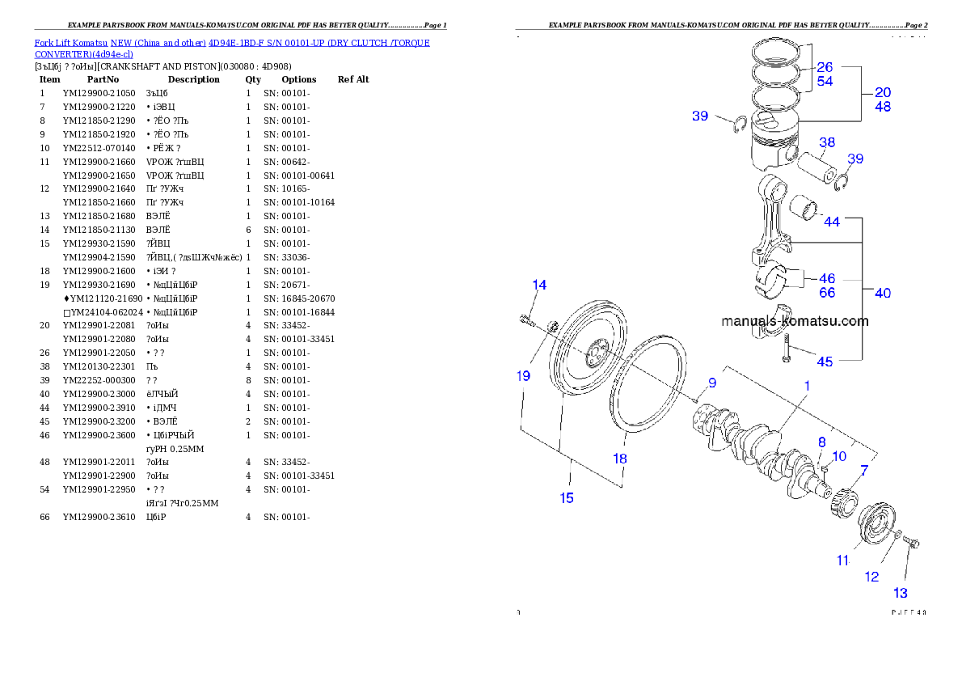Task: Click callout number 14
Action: [539, 285]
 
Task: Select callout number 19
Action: [524, 374]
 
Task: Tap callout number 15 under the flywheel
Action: [567, 497]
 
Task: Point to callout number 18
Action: [619, 459]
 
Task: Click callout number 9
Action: [712, 383]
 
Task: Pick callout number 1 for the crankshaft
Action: [806, 387]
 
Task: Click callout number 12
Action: [871, 577]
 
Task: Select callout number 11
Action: [843, 560]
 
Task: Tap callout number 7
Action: [864, 470]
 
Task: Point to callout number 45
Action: [825, 362]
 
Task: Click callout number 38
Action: [826, 144]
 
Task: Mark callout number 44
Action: [832, 222]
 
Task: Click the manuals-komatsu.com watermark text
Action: [795, 321]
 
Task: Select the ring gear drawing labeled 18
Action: [649, 380]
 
